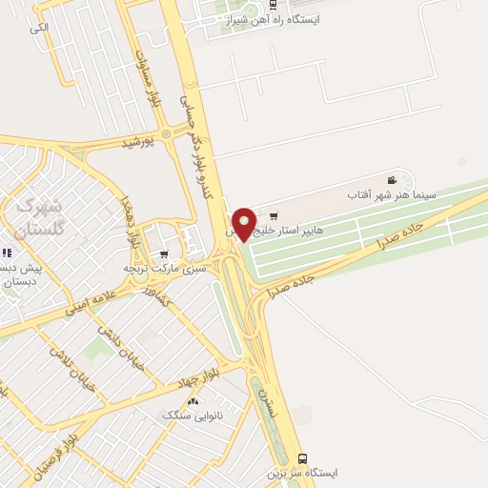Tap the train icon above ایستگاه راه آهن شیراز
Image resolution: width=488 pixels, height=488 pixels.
coord(274,4)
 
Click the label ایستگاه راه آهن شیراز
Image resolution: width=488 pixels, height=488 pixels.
coord(274,19)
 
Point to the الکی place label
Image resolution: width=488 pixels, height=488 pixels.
coord(38,28)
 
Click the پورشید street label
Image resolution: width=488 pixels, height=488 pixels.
coord(137,143)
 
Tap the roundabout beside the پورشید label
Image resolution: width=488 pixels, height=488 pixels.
coord(167,133)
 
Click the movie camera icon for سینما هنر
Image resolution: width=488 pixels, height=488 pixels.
coord(392,180)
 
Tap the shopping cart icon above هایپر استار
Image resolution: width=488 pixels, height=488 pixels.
coord(274,215)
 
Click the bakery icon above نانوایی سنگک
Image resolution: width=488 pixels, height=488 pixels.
coord(193,401)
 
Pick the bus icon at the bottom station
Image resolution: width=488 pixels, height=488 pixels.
coord(302,457)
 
